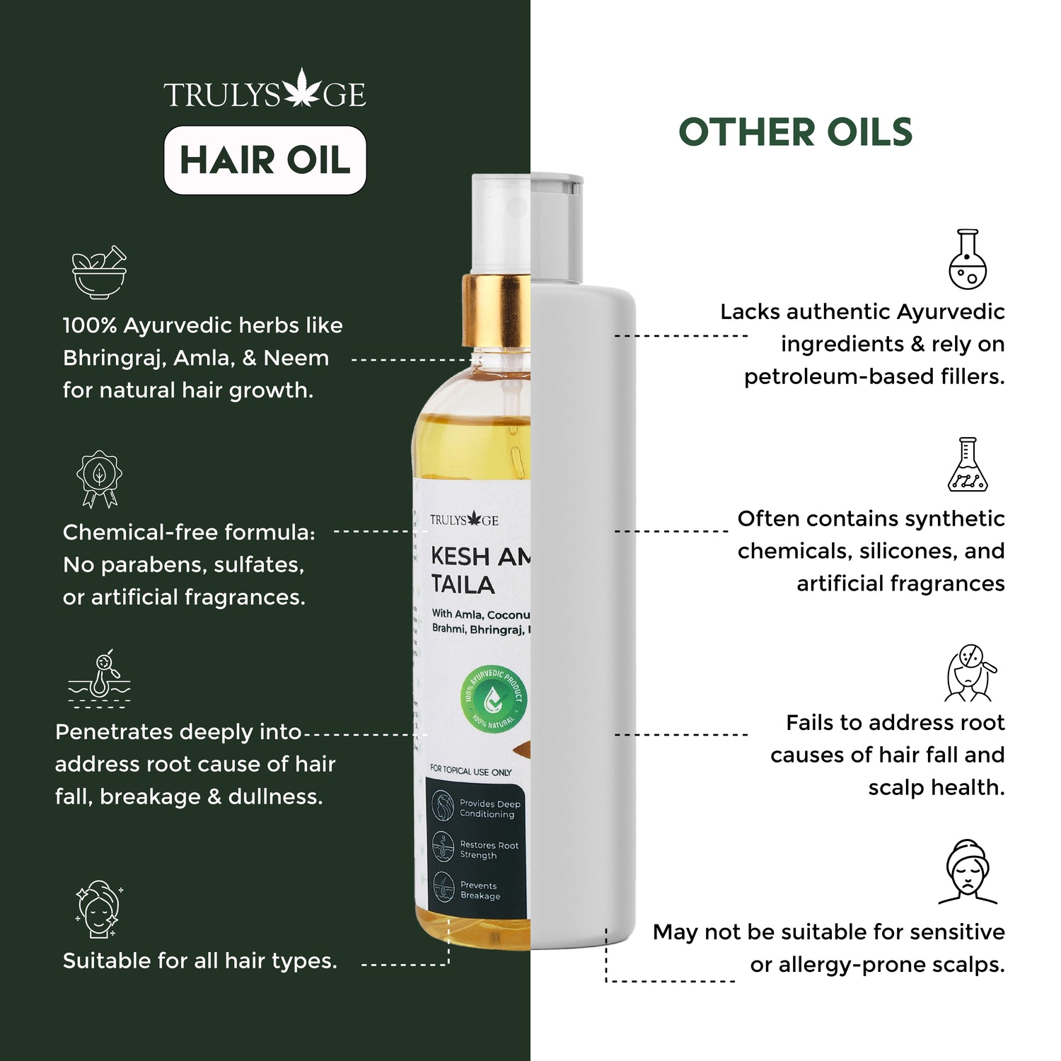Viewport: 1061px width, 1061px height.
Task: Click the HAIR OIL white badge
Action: tap(265, 160)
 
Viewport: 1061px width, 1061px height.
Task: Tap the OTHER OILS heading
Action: tap(795, 132)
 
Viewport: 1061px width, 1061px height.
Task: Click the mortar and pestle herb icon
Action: tap(100, 272)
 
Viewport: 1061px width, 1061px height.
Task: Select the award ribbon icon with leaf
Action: tap(99, 479)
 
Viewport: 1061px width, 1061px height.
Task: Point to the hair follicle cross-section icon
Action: tap(100, 679)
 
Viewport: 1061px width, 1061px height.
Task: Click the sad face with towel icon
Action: tap(967, 872)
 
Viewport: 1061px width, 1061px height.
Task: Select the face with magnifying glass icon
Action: tap(970, 673)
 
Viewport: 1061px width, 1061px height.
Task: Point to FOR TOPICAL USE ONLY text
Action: tap(470, 771)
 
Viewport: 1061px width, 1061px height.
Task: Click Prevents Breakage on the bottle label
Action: tap(480, 891)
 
